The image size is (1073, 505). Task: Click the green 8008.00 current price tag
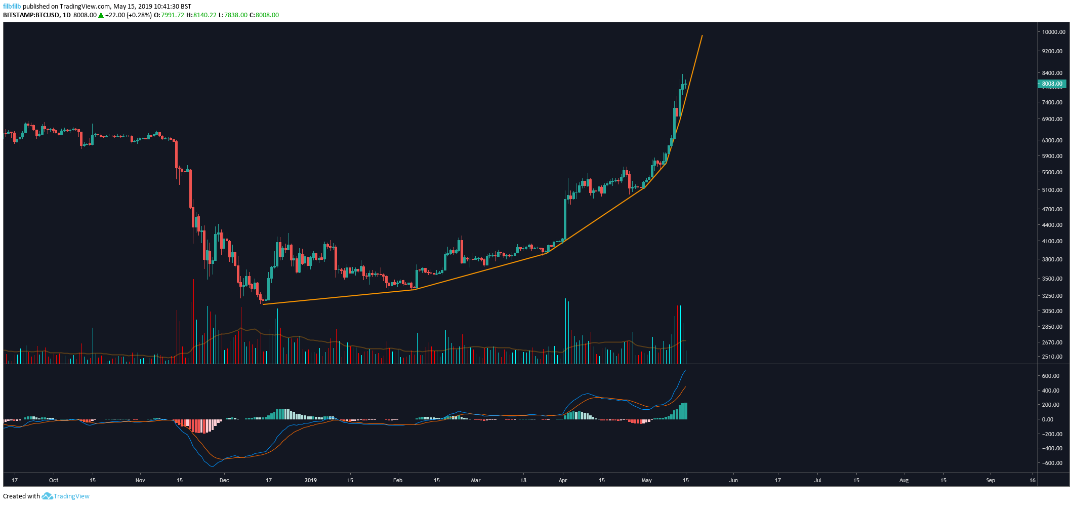click(x=1052, y=84)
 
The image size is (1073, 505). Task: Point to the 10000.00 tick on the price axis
click(x=1053, y=32)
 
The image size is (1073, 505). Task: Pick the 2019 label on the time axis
click(x=311, y=480)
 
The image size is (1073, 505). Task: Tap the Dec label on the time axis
click(x=224, y=480)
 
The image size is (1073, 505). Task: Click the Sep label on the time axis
click(x=991, y=480)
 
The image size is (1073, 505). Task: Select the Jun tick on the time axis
click(x=733, y=480)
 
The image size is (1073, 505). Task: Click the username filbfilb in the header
click(x=12, y=7)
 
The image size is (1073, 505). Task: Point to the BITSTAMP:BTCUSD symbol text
click(x=31, y=15)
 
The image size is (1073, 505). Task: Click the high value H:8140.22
click(x=201, y=15)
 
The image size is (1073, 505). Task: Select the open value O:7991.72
click(x=169, y=15)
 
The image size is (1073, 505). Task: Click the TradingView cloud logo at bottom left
click(x=48, y=496)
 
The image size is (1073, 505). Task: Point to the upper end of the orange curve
click(x=702, y=35)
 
